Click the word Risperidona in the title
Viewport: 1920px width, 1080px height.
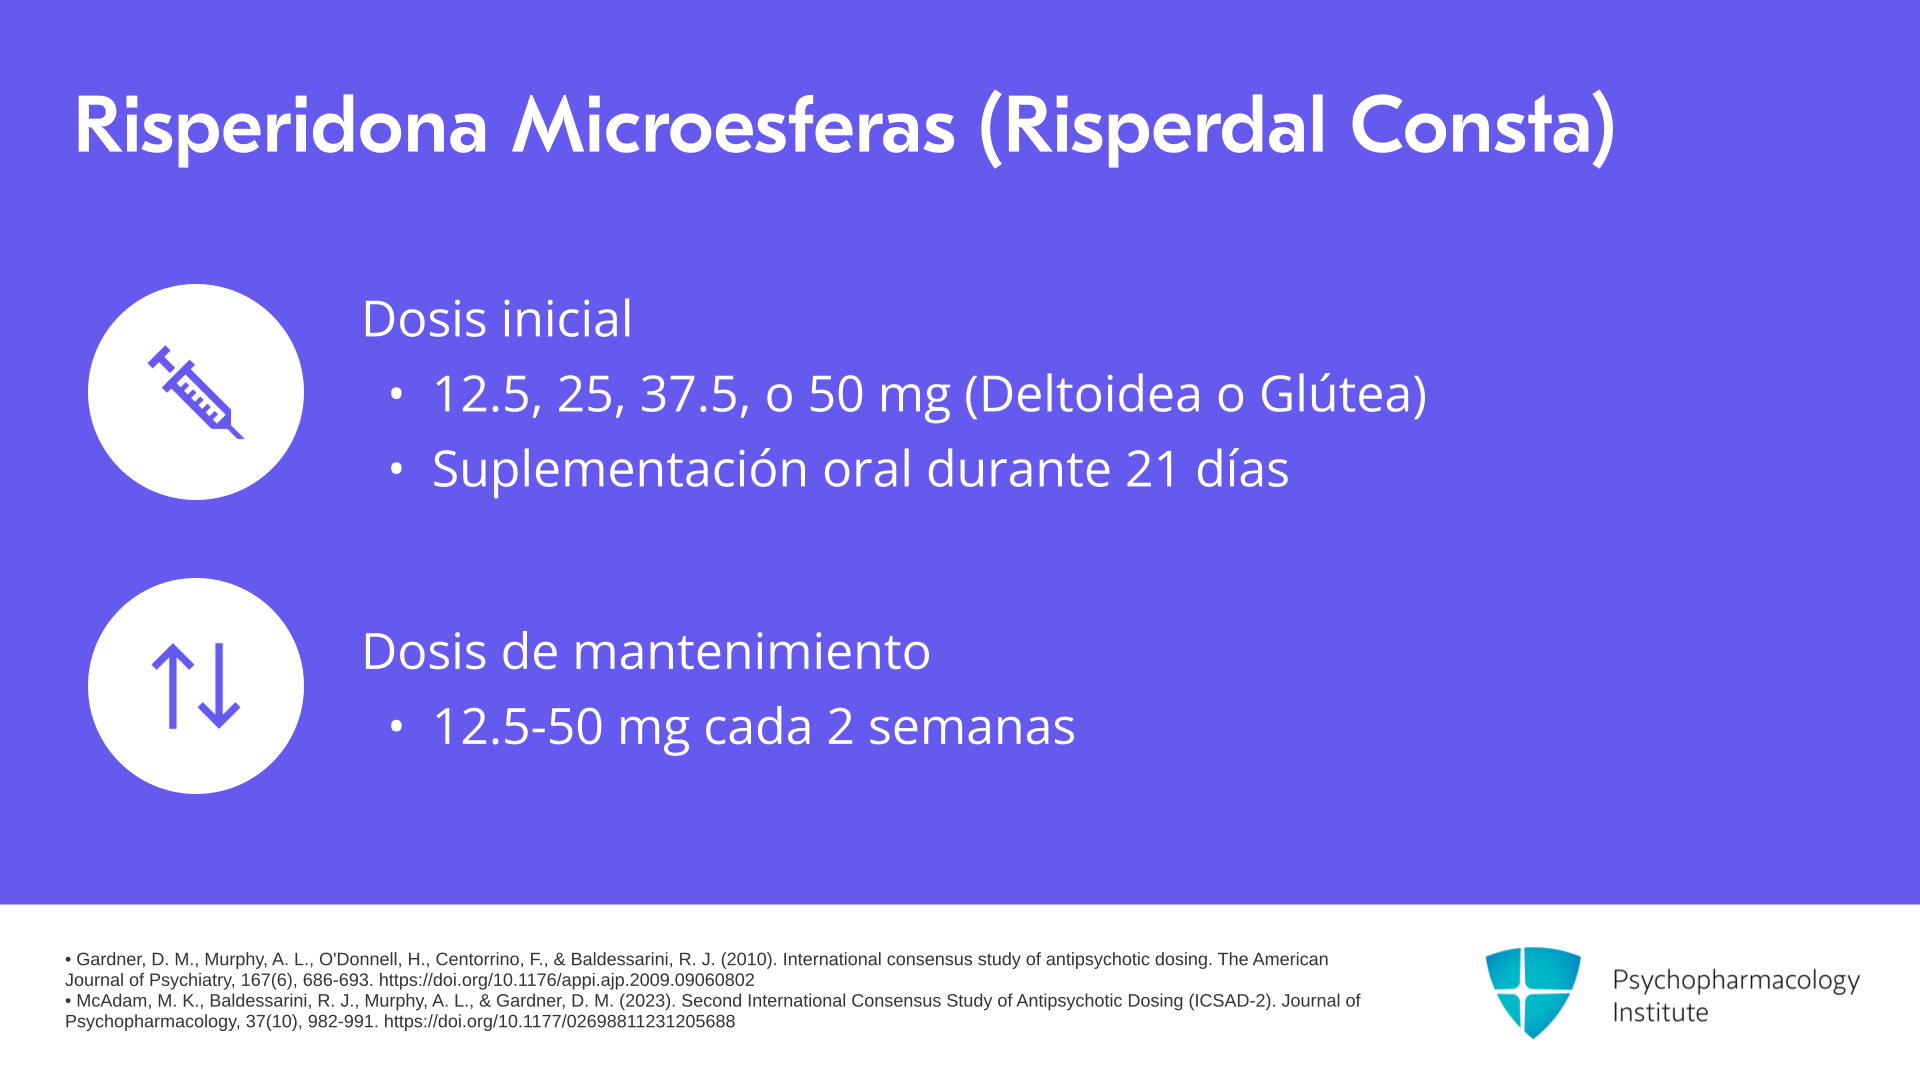[x=281, y=127]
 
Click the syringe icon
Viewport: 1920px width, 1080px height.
[x=196, y=392]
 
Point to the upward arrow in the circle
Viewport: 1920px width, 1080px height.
[x=172, y=686]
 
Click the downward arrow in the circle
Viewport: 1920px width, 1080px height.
[x=219, y=686]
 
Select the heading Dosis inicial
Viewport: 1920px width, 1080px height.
[x=497, y=319]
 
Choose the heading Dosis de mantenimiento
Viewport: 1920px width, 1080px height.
[x=646, y=651]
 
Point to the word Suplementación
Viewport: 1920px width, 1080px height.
[x=620, y=469]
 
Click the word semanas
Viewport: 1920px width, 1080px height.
[x=971, y=728]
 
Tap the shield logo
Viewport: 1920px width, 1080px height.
[x=1533, y=992]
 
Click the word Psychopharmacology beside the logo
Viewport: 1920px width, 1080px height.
[x=1736, y=981]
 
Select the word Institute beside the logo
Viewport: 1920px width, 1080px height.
[x=1660, y=1013]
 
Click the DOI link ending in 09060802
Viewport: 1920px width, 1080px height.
[x=566, y=980]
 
